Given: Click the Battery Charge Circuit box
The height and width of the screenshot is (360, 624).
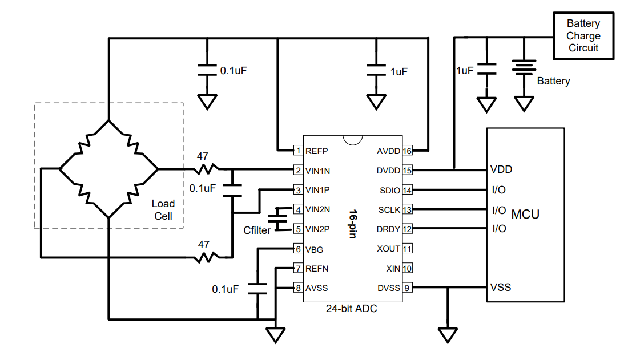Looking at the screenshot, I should coord(583,35).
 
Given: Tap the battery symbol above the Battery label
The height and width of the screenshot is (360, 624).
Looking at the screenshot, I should coord(522,68).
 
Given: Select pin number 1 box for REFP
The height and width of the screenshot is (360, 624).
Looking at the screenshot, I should coord(298,151).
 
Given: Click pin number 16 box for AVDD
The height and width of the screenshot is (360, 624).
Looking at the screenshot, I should coord(408,151).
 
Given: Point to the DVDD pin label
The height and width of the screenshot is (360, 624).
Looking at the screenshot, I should coord(389,171).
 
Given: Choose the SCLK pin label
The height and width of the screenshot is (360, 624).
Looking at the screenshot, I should coord(389,210).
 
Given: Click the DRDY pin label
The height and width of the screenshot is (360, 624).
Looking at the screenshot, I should coord(389,229).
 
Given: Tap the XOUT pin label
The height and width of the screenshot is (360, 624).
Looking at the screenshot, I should coord(389,249).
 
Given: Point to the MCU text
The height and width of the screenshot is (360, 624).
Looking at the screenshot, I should coord(525,215).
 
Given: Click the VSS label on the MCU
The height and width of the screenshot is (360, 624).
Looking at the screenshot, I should coord(501,287).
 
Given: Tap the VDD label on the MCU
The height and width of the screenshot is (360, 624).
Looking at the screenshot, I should coord(501,169).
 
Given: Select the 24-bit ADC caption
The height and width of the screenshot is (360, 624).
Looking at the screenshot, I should coord(352,309).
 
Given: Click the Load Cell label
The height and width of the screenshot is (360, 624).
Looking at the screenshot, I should coord(163,210).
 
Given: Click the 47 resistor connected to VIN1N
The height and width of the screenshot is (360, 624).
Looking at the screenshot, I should coord(206,169).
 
